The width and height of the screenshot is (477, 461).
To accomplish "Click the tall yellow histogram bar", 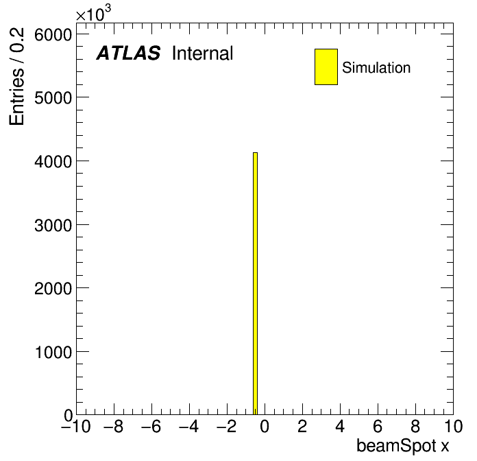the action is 255,283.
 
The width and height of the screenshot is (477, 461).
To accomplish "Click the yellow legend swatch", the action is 326,67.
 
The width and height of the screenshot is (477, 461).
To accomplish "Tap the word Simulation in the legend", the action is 376,68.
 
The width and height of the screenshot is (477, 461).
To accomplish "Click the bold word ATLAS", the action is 128,53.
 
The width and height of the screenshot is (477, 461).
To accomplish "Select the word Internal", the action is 203,54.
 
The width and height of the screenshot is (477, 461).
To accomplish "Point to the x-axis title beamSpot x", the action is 402,447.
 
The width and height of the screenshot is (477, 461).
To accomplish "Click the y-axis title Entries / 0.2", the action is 16,76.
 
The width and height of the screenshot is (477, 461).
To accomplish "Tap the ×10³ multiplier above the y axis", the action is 93,14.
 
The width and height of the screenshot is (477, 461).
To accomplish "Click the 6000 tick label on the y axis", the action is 53,35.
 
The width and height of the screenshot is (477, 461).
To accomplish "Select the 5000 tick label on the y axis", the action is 53,98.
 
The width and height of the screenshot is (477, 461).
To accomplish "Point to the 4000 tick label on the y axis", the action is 53,161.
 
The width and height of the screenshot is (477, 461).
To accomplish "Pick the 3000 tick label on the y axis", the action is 53,226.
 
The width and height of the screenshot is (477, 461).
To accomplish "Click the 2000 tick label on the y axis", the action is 53,288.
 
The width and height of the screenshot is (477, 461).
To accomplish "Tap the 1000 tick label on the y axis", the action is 53,352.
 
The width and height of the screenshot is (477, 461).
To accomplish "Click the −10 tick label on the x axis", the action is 76,427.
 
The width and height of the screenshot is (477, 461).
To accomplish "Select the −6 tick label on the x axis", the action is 151,427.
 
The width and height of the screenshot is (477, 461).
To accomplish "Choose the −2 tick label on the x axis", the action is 227,427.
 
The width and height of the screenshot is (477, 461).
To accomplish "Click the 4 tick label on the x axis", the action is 340,427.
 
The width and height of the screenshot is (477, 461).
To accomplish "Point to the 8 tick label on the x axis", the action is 415,427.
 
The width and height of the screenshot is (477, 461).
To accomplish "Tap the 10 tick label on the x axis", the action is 453,427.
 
